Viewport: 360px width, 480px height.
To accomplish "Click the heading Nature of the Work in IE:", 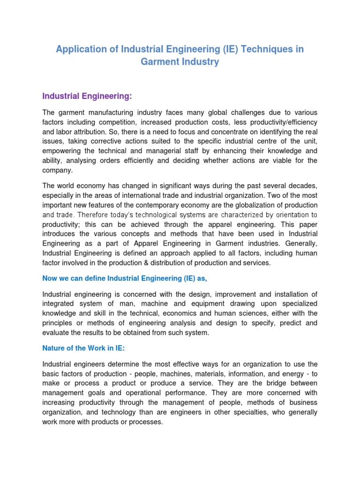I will pos(82,348).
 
